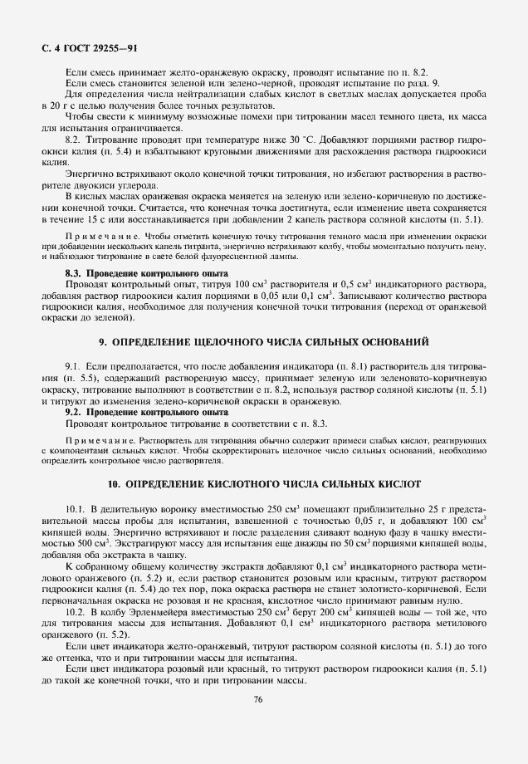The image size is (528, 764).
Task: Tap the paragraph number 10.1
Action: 76,507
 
